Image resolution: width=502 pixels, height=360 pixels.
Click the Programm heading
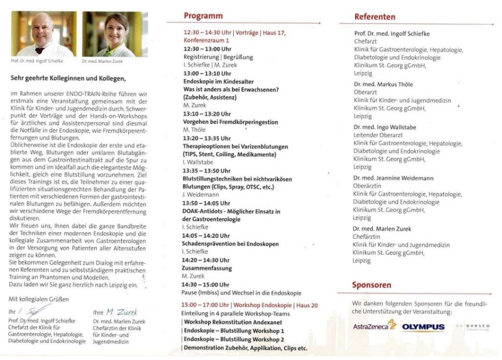click(x=203, y=16)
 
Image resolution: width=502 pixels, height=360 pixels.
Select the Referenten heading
click(x=375, y=17)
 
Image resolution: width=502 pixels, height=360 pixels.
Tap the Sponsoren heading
click(x=372, y=285)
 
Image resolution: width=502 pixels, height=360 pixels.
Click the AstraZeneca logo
click(x=374, y=326)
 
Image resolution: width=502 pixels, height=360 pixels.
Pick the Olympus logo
click(x=423, y=327)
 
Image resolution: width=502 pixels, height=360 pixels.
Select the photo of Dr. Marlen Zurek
click(x=114, y=34)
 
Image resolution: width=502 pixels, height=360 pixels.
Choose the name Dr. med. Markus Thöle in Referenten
click(x=383, y=84)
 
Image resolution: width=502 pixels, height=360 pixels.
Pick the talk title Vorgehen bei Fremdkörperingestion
click(x=230, y=122)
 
